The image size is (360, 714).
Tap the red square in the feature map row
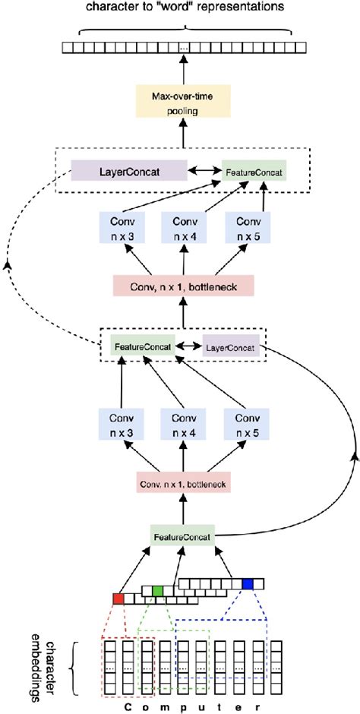click(x=118, y=599)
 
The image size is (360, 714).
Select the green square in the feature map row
click(x=157, y=590)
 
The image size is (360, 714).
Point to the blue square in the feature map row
click(x=247, y=583)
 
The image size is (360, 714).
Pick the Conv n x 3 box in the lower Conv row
click(x=121, y=424)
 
